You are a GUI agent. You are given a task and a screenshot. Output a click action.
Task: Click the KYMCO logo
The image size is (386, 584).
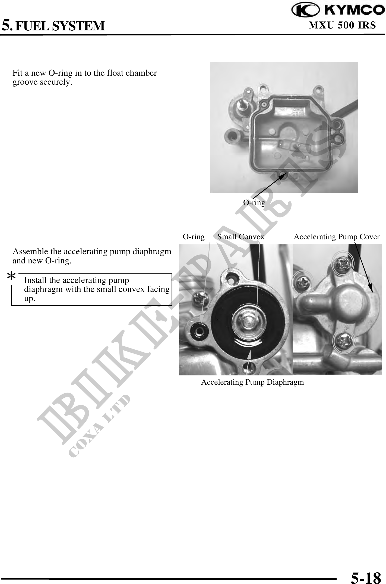338,10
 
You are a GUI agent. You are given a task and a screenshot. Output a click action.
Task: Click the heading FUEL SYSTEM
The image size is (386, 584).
60,26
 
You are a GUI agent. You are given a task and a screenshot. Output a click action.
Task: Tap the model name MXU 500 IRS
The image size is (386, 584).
342,25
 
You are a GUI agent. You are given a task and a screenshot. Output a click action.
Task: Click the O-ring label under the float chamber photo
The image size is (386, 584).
254,202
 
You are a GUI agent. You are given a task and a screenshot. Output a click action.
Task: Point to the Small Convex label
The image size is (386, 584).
241,237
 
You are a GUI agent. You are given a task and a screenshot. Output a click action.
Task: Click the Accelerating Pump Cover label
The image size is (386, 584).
337,237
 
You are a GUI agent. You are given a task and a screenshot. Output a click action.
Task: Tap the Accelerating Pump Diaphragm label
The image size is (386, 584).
252,382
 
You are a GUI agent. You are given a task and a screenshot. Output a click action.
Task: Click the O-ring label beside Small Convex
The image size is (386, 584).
194,237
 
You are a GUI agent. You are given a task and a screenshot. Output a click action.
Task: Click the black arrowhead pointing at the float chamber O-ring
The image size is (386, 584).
283,176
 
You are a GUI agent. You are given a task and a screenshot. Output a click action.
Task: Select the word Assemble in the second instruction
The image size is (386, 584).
29,251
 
